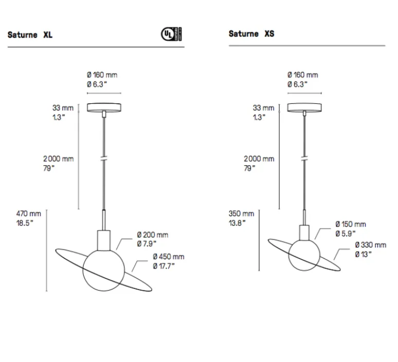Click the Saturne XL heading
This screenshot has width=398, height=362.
30,35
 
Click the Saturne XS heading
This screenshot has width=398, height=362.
251,34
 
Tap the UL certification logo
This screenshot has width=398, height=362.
171,34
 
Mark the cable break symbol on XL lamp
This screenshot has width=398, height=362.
104,159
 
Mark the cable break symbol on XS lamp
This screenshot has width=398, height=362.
304,159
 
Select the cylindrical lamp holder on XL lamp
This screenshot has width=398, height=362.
105,239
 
